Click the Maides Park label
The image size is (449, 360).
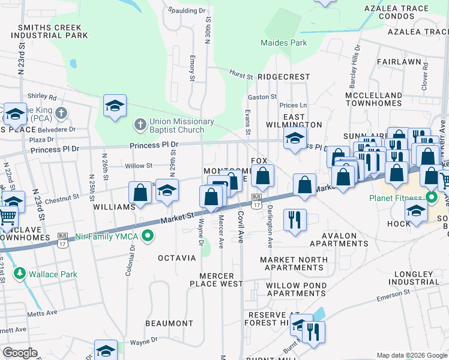(x=284, y=43)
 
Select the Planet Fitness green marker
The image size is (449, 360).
(x=431, y=197)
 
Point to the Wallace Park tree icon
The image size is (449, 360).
(x=20, y=274)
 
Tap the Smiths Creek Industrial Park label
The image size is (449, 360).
(x=53, y=31)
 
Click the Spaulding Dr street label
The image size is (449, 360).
(x=187, y=11)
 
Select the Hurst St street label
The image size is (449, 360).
(x=241, y=74)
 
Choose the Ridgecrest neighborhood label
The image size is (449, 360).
(x=283, y=77)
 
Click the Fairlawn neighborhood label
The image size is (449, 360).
(x=399, y=62)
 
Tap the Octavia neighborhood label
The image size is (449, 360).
(x=176, y=258)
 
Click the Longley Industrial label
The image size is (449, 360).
(x=419, y=278)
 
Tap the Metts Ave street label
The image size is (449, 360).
(x=43, y=312)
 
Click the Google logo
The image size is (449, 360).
(x=20, y=353)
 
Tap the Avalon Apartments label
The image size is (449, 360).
(x=339, y=240)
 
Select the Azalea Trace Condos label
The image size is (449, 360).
(x=405, y=12)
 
